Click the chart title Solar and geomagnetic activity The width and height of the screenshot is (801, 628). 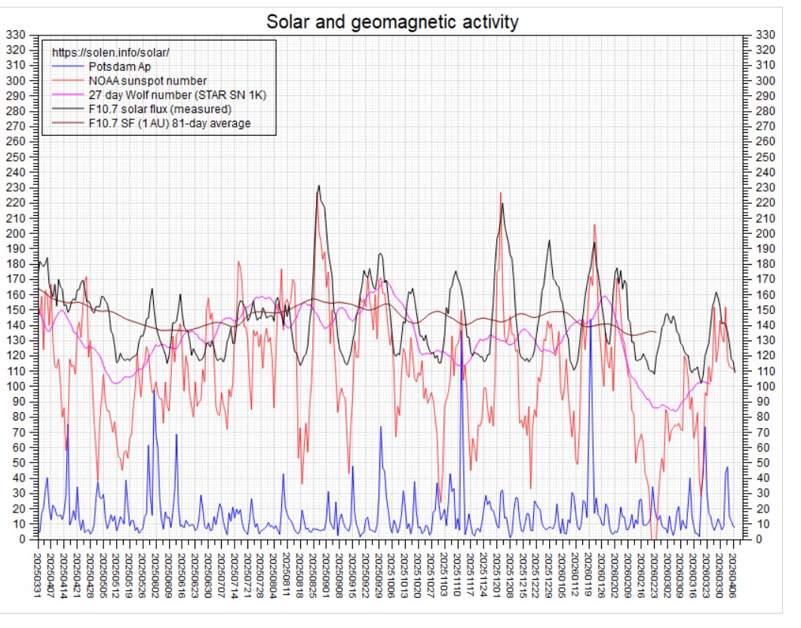click(x=391, y=22)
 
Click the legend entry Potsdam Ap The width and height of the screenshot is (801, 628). click(x=119, y=66)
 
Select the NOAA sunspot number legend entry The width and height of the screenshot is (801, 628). click(x=148, y=81)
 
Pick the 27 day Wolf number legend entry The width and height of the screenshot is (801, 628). click(x=177, y=95)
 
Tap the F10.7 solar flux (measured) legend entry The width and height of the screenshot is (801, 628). click(x=160, y=109)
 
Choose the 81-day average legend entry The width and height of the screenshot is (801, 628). click(x=170, y=123)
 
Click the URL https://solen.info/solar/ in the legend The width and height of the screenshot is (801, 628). click(x=110, y=52)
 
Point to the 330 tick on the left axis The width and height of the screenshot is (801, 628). click(x=15, y=35)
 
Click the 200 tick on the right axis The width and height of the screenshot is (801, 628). click(x=766, y=233)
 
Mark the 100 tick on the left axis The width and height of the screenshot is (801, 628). click(x=15, y=386)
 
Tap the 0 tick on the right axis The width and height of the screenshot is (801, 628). click(x=759, y=539)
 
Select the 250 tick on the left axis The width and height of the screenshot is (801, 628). click(x=15, y=157)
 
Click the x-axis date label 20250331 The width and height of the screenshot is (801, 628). click(x=37, y=575)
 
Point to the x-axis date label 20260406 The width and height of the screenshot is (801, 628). click(x=733, y=575)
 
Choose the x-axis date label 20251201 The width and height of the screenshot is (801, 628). click(x=496, y=575)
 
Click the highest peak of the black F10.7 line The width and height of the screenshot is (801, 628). click(x=319, y=186)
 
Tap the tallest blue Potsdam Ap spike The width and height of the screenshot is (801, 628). click(x=591, y=320)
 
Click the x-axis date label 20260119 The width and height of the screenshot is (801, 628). click(x=588, y=575)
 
